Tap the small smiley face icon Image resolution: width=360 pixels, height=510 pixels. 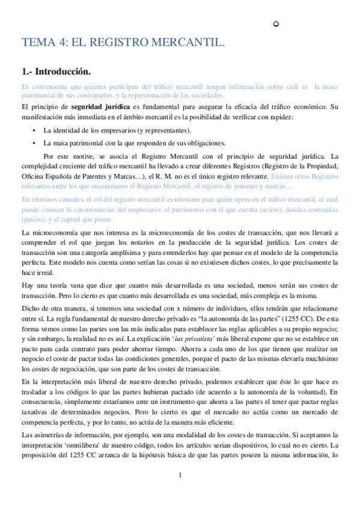click(275, 24)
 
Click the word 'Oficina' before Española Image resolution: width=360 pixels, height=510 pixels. click(34, 176)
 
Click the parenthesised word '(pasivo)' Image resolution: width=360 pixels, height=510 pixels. click(33, 220)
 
